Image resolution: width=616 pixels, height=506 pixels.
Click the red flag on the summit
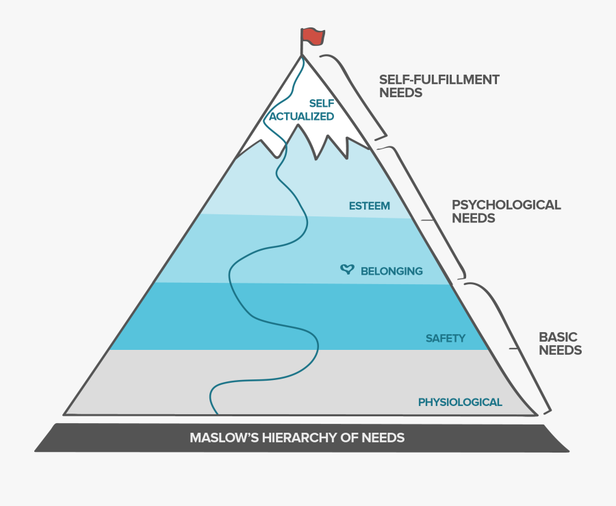click(313, 36)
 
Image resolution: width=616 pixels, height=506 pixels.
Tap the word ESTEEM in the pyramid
click(369, 205)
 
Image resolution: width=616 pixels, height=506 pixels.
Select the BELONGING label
click(392, 271)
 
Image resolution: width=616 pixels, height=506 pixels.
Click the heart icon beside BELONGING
click(348, 270)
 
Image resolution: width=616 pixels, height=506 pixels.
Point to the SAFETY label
click(446, 338)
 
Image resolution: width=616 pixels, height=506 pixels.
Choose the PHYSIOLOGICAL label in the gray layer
click(460, 402)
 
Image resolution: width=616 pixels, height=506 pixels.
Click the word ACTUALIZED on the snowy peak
click(301, 116)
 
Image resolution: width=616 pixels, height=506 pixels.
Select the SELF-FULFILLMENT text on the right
click(439, 79)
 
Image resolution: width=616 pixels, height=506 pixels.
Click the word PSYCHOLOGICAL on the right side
click(506, 205)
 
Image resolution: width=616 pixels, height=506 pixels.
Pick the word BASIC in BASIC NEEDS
click(558, 337)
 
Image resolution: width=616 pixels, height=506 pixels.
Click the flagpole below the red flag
click(301, 47)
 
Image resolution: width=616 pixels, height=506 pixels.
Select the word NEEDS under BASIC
click(561, 350)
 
